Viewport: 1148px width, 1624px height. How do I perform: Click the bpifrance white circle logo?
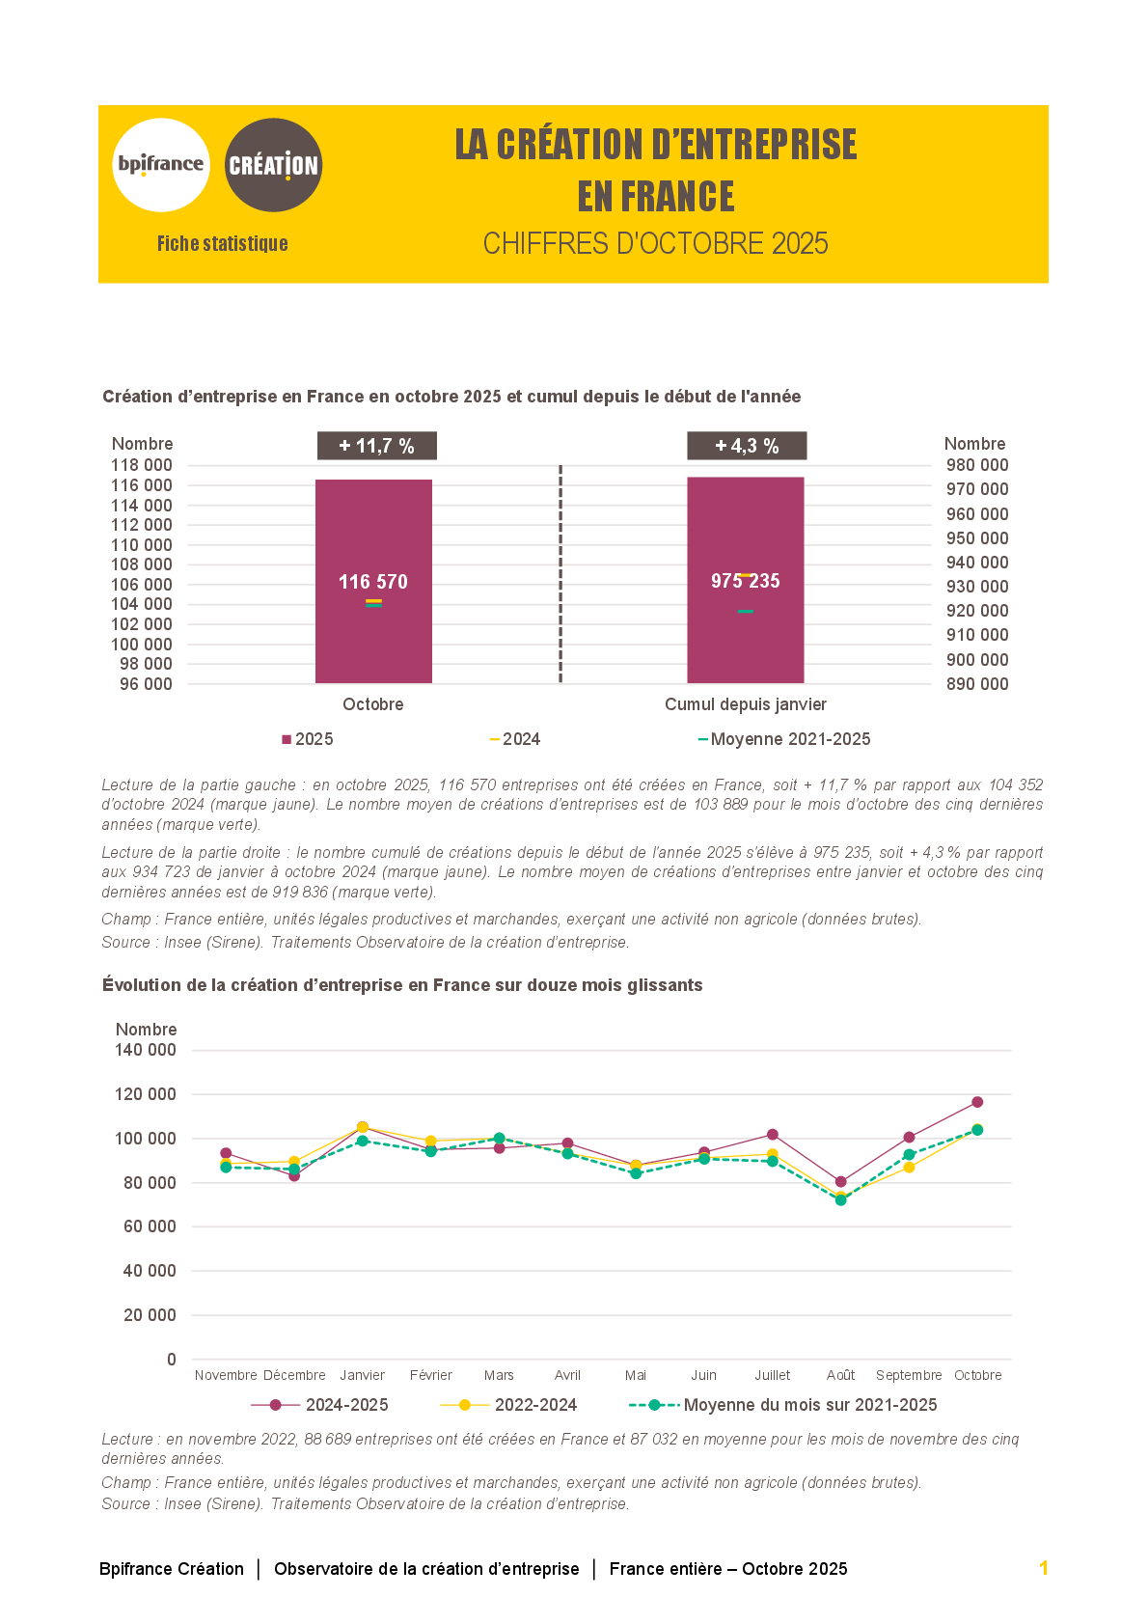coord(161,165)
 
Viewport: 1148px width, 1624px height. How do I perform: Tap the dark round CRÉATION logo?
coord(273,165)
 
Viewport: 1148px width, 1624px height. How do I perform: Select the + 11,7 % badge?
coord(376,446)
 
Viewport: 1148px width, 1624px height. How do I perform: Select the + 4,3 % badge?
coord(747,446)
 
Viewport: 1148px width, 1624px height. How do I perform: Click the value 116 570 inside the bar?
coord(373,582)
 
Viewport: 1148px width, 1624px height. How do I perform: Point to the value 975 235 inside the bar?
coord(746,581)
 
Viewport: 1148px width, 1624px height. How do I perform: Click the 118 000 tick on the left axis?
coord(142,465)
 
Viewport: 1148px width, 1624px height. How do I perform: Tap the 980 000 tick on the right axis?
coord(977,465)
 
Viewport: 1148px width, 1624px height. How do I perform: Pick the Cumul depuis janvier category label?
coord(746,704)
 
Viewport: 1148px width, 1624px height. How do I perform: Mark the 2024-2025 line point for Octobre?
coord(977,1102)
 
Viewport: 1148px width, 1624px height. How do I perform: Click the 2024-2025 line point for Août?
coord(841,1182)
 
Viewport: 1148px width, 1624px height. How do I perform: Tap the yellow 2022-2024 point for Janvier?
coord(363,1127)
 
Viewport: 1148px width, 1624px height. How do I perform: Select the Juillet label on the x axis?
coord(772,1375)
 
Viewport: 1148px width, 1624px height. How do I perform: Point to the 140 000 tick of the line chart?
coord(146,1050)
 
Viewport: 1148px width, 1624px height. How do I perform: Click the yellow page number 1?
coord(1044,1568)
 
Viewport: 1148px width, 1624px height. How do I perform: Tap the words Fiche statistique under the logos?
coord(223,243)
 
